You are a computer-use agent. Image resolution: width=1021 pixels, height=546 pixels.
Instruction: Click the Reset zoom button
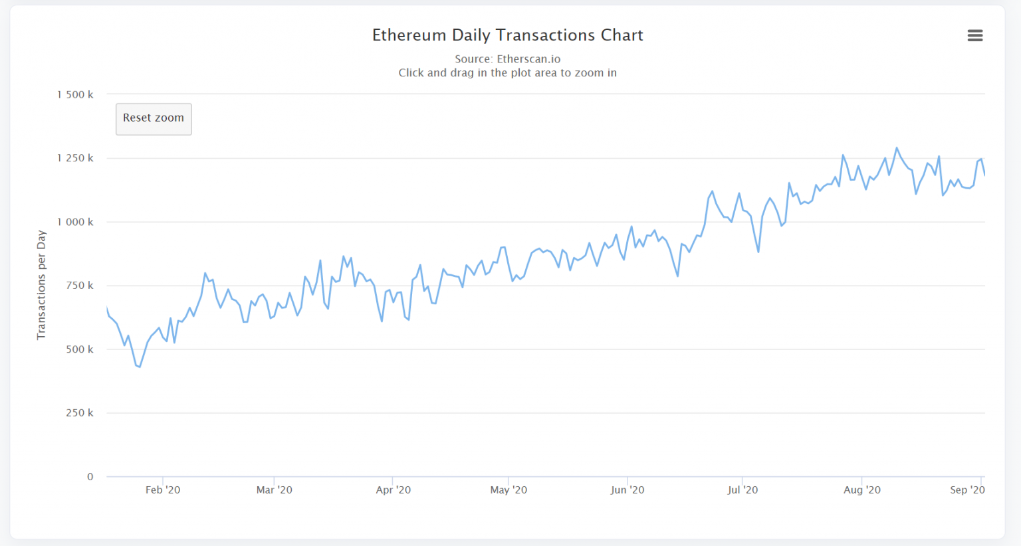[154, 119]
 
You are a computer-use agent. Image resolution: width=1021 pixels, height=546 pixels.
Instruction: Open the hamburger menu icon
[974, 36]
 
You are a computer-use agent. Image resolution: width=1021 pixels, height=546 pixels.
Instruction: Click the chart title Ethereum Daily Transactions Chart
[508, 35]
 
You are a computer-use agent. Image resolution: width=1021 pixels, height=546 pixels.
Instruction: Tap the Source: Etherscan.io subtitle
[508, 59]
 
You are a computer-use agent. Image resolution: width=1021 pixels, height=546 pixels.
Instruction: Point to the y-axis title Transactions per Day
[41, 285]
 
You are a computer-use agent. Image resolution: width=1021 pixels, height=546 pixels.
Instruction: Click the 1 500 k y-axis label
[75, 95]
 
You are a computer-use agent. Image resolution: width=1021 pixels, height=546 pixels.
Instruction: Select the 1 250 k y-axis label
[75, 158]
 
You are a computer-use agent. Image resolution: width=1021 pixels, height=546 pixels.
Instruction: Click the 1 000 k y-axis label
[75, 222]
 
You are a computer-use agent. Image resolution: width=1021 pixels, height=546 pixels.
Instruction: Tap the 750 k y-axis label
[80, 286]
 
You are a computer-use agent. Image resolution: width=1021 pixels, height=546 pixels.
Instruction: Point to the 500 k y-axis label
[80, 349]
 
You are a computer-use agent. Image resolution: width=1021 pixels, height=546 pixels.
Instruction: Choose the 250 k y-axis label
[80, 413]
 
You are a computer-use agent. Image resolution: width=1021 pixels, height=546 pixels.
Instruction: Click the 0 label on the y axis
[90, 476]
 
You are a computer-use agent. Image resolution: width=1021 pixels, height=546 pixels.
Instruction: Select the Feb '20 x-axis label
[163, 490]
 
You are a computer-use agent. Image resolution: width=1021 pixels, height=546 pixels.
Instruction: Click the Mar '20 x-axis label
[275, 490]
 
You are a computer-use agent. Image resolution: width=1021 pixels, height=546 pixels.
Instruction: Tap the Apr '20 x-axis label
[394, 490]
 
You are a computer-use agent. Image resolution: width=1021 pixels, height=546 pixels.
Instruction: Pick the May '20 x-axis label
[509, 490]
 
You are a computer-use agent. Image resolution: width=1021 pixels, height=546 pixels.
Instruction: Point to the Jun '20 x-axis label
[627, 490]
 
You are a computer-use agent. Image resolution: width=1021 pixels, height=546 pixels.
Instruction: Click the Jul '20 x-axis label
[742, 490]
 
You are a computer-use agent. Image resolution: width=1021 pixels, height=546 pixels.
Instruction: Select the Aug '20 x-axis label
[862, 490]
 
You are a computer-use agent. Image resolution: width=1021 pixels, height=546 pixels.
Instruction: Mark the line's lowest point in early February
[140, 367]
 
